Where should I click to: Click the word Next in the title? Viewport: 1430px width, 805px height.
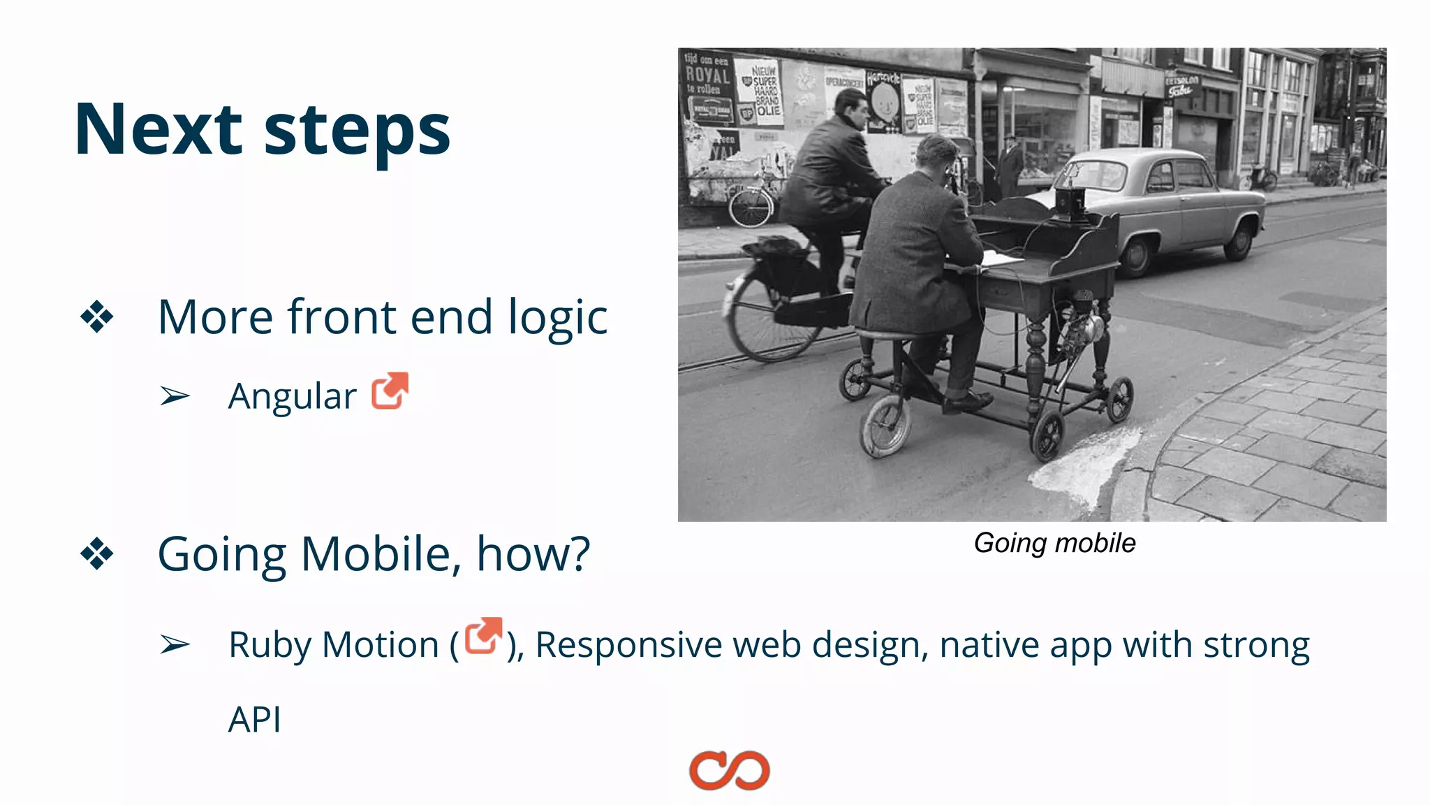[159, 129]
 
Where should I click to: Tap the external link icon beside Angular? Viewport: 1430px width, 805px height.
[390, 391]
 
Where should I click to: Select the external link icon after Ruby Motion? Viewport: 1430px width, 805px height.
[483, 636]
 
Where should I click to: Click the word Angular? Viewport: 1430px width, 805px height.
[292, 396]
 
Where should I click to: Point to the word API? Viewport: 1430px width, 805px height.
[255, 719]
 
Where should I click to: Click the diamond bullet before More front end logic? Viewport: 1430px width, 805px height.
[96, 317]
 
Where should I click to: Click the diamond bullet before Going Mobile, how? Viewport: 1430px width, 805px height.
[96, 554]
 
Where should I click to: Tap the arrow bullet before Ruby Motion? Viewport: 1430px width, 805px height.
[175, 644]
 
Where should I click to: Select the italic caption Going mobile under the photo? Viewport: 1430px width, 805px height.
[1054, 543]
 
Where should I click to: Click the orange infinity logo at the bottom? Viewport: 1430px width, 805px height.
[729, 770]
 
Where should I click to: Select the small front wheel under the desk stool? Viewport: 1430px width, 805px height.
[885, 426]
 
